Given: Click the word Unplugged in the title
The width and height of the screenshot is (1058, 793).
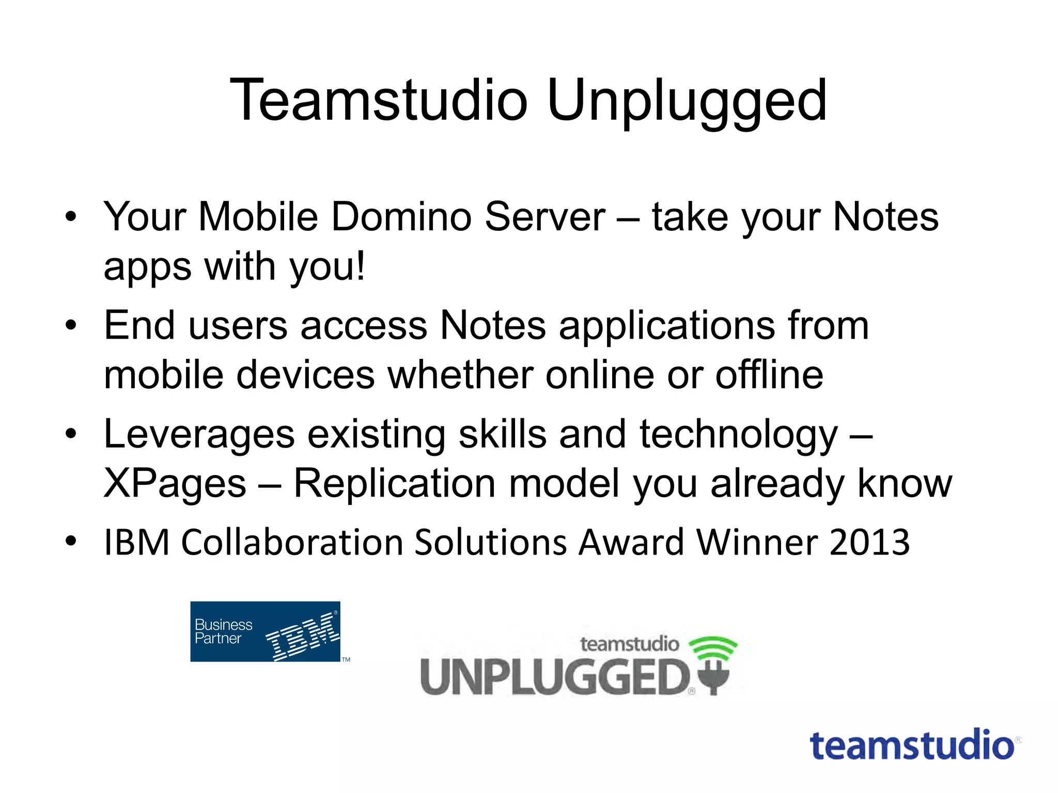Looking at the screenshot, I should [x=687, y=101].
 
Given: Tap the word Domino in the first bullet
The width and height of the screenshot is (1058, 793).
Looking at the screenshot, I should [x=401, y=217].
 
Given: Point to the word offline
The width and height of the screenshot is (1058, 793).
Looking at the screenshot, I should [x=769, y=375].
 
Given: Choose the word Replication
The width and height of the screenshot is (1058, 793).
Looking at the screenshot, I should [x=395, y=484].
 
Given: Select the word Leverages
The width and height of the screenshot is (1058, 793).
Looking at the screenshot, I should [x=199, y=435].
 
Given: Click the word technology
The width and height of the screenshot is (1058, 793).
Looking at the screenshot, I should [x=739, y=435].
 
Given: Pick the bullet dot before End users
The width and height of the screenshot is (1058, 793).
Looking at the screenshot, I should [x=71, y=325].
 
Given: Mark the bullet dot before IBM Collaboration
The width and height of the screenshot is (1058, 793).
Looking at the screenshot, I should [x=71, y=541].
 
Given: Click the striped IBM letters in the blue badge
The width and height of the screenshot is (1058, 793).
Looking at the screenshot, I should [x=302, y=636].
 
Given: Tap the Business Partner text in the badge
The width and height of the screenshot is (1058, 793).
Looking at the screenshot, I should [x=223, y=631].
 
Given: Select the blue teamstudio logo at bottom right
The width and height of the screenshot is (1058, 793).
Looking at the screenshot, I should [x=912, y=746].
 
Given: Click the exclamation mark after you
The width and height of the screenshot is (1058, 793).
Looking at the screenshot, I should [x=360, y=265].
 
